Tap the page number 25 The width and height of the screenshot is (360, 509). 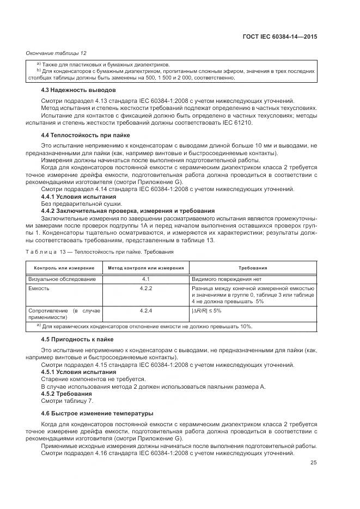click(x=313, y=463)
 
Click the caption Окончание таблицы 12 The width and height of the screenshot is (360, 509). click(x=57, y=53)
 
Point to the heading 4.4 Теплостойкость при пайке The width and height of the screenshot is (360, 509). click(x=86, y=134)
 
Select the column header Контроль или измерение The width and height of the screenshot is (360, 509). click(x=64, y=268)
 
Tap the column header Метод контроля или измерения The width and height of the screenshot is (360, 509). click(x=145, y=268)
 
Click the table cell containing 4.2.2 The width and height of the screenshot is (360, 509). click(x=145, y=287)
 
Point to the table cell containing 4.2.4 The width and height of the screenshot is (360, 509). click(x=145, y=310)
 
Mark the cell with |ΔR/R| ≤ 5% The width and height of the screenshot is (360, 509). click(x=206, y=310)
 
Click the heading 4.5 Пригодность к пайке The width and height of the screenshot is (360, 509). click(x=77, y=339)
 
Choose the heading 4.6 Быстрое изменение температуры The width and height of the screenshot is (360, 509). click(x=97, y=414)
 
